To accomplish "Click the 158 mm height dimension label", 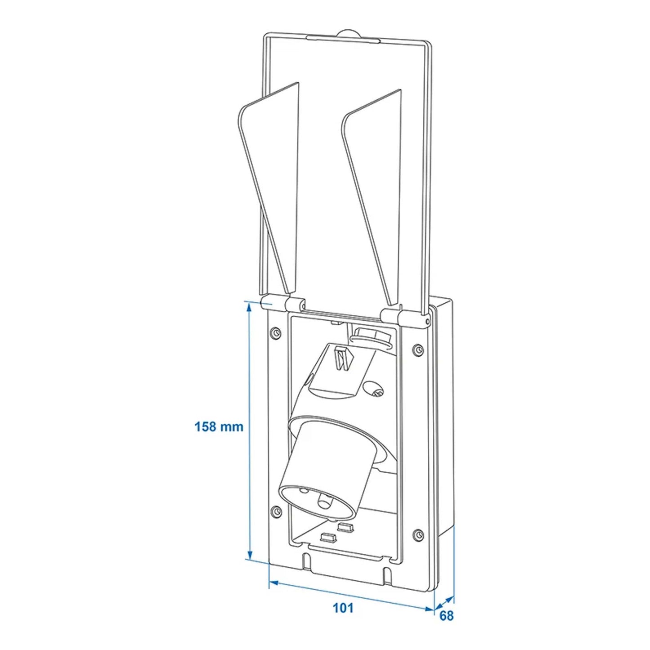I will tap(219, 426).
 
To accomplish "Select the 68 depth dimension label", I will tap(446, 615).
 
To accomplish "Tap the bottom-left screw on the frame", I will tap(276, 511).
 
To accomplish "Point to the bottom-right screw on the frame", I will tap(418, 534).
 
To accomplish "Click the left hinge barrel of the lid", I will tap(284, 304).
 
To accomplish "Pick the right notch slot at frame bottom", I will tap(387, 574).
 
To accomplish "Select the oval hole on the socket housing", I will tap(372, 386).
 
